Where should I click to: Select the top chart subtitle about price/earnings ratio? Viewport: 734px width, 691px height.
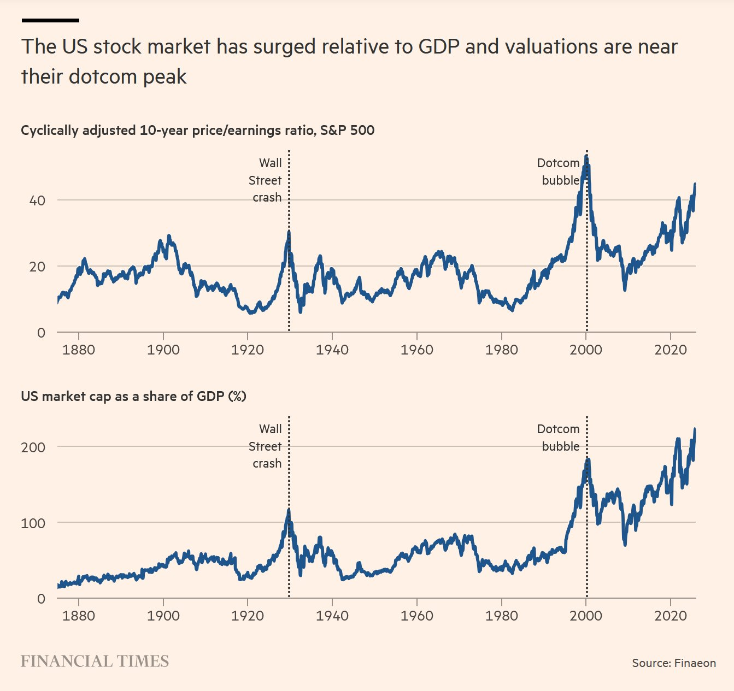tap(197, 131)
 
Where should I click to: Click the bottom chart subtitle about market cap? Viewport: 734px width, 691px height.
tap(133, 396)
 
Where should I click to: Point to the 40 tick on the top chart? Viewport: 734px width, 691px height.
tap(37, 200)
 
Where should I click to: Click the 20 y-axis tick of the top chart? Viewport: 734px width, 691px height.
tap(37, 267)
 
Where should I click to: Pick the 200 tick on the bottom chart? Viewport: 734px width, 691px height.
tap(33, 447)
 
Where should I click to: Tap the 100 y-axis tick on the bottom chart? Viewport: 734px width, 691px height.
tap(33, 523)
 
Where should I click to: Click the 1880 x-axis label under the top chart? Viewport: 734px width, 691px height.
tap(79, 350)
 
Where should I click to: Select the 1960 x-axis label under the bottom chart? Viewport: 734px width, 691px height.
tap(416, 616)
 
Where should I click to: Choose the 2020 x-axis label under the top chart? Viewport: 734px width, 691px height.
tap(670, 350)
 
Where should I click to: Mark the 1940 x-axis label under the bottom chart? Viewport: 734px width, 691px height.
tap(332, 616)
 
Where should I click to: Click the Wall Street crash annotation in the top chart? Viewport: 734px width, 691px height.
tap(266, 180)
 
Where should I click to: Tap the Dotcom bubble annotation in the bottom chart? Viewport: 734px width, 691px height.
tap(559, 438)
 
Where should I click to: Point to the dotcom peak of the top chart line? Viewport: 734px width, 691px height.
tap(586, 157)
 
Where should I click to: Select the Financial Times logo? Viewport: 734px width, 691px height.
tap(95, 662)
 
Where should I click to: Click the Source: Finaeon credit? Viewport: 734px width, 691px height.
tap(673, 663)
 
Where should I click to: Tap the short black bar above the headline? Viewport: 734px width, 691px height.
tap(50, 20)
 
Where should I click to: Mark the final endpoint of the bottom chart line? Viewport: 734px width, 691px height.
tap(695, 429)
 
